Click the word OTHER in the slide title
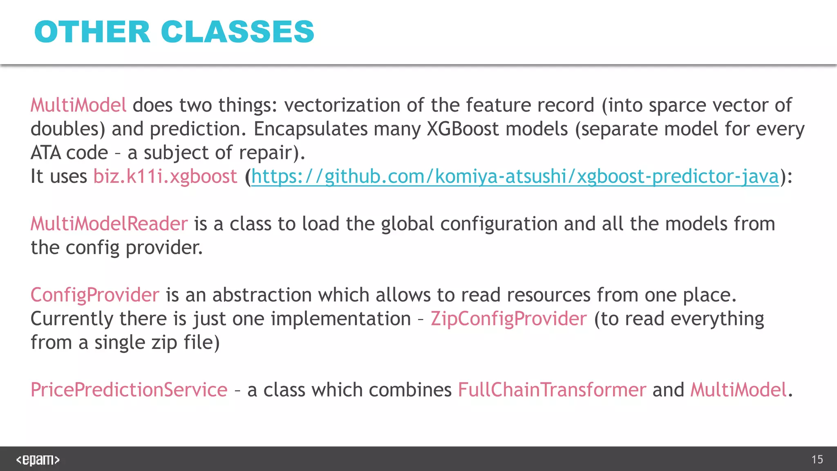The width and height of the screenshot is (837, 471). (92, 32)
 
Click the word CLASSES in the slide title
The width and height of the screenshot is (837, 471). (237, 32)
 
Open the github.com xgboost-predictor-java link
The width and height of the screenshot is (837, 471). (515, 177)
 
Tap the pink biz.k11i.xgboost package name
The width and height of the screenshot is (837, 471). (165, 177)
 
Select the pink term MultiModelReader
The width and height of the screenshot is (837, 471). (109, 224)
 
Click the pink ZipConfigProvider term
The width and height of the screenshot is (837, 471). (509, 319)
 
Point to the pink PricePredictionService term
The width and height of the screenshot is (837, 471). (129, 390)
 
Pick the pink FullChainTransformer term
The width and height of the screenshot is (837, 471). (552, 390)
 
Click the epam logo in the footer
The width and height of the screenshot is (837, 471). (38, 460)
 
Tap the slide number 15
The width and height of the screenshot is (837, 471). (817, 460)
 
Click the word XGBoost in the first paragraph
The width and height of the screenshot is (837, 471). (463, 129)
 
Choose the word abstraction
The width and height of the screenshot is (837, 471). (262, 295)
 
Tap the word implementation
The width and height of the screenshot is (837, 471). (341, 319)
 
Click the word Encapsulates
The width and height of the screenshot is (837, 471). (310, 129)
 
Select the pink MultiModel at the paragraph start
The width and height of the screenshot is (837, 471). (78, 105)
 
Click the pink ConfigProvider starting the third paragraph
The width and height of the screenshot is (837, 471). (95, 295)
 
